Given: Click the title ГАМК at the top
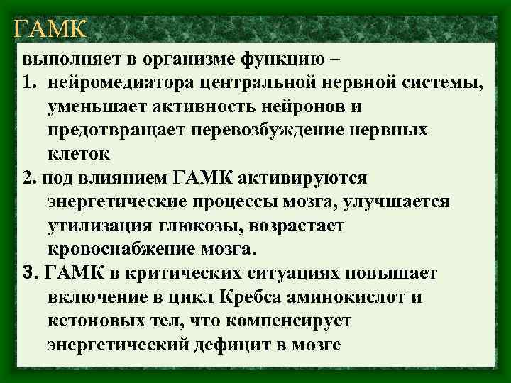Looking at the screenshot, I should click(50, 29).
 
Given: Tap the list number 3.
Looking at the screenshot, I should click(28, 274).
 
